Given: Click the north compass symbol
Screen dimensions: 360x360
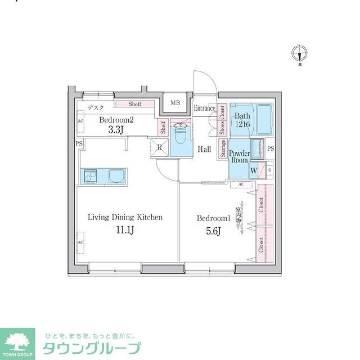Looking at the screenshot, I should coord(300,54).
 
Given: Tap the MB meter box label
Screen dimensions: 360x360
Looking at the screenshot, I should coord(175,102).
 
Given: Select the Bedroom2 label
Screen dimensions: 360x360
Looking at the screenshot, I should coord(116,120).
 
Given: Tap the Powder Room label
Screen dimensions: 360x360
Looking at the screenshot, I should coord(240,156).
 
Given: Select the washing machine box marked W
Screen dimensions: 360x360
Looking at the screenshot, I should coord(254,170).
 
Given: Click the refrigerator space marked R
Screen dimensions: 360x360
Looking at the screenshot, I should coord(160,148).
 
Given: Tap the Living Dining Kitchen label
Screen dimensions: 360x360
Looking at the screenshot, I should coord(125,217).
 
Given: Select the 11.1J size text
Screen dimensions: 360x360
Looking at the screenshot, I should coord(125,229).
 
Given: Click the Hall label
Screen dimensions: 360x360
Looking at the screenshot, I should coord(204,149).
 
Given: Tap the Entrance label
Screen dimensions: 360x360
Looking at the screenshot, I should coord(205,108).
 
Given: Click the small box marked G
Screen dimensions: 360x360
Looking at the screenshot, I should coord(269,168).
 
